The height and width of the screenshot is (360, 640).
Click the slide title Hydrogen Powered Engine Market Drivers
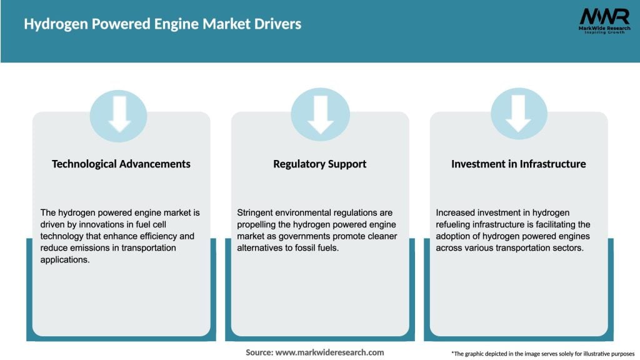[162, 24]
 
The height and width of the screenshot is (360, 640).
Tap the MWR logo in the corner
[604, 16]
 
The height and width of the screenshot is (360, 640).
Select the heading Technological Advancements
[121, 164]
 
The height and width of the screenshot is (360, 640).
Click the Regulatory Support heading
[320, 164]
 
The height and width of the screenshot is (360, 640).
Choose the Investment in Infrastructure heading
[519, 164]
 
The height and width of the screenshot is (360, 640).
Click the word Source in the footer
[259, 352]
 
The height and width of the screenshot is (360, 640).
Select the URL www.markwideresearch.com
[329, 352]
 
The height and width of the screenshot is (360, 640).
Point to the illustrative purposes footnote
[542, 353]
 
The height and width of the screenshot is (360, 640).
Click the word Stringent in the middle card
[256, 213]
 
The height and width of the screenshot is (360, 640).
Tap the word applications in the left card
[66, 260]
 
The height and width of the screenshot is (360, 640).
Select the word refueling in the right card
[456, 225]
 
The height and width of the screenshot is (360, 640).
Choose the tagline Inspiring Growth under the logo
[604, 32]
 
